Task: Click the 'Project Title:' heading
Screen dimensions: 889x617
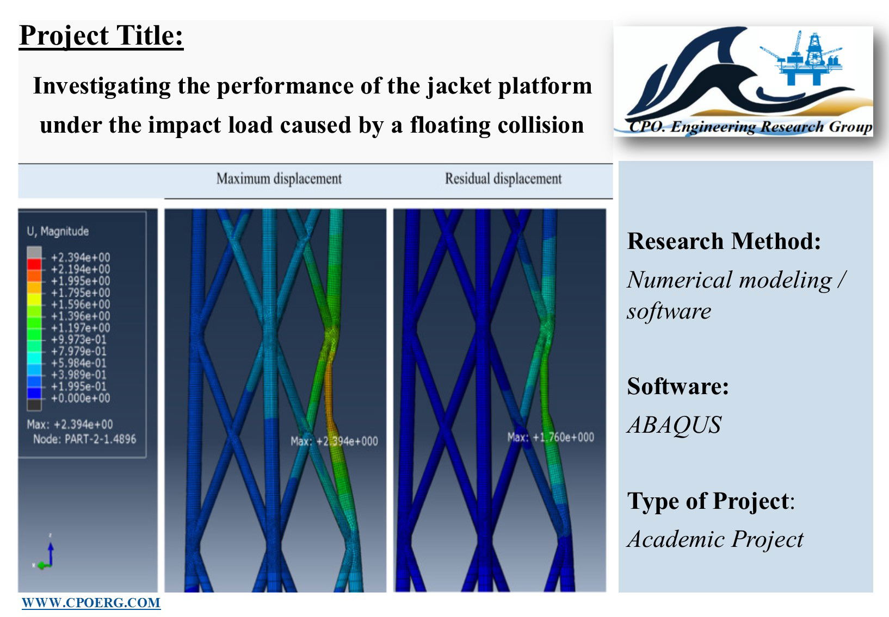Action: (101, 36)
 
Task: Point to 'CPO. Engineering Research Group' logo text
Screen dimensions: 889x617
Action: (750, 127)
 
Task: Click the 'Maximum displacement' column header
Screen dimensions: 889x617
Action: (279, 178)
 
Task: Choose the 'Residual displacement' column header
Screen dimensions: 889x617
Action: (503, 178)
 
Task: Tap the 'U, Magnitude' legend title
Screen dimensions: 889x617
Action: (58, 231)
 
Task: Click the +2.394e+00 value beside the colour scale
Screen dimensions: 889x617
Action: (81, 257)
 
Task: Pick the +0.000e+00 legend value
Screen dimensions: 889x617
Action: (81, 398)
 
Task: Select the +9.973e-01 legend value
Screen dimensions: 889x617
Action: (79, 339)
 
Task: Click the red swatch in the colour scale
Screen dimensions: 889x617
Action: (34, 264)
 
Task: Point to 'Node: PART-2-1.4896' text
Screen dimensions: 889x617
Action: (84, 439)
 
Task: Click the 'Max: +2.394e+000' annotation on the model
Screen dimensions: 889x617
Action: (334, 441)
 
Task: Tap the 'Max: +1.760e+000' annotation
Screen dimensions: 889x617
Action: (551, 438)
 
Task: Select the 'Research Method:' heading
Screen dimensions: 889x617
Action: (724, 241)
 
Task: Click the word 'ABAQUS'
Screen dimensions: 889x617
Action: (674, 425)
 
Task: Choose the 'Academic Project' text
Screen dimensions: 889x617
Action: (715, 539)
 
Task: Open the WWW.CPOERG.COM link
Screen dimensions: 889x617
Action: (91, 603)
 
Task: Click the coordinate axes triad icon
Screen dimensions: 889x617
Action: (45, 553)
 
